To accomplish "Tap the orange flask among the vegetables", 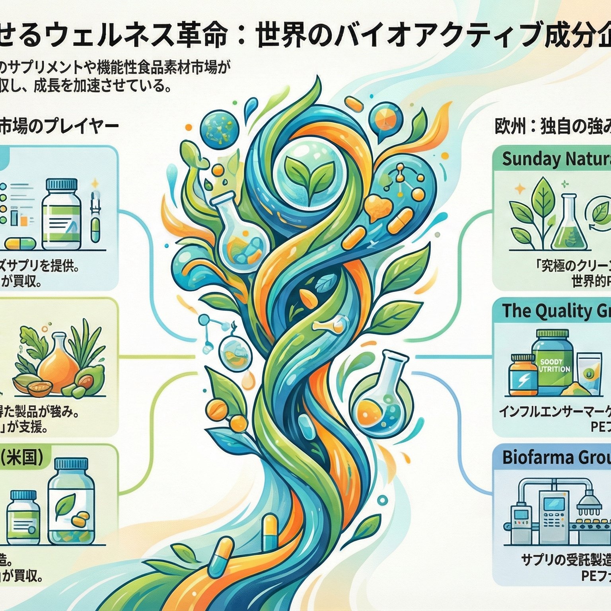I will coord(60,364).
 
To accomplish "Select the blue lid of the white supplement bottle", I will coord(62,184).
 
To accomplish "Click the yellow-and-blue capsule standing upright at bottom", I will coord(270,531).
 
